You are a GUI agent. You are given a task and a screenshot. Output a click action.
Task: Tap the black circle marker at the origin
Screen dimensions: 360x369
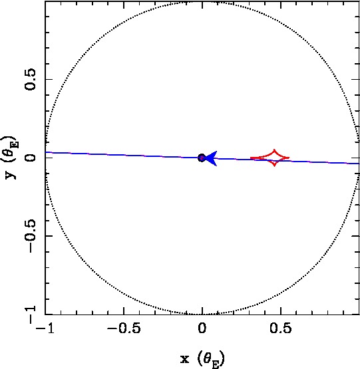click(x=202, y=158)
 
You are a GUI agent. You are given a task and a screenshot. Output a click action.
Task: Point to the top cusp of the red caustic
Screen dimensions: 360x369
click(x=274, y=150)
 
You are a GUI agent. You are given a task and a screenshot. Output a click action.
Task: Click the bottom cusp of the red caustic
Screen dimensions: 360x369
click(x=274, y=166)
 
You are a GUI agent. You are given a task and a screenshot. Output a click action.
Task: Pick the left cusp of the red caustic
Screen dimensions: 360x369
click(x=250, y=158)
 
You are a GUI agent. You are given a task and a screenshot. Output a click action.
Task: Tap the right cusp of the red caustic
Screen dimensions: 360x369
click(x=289, y=158)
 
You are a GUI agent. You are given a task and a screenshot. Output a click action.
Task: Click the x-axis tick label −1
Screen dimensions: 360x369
click(x=45, y=328)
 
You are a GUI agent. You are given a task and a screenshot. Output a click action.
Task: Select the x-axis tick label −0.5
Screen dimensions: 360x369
click(x=124, y=328)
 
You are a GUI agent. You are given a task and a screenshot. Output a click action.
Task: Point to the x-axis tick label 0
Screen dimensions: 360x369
click(x=202, y=328)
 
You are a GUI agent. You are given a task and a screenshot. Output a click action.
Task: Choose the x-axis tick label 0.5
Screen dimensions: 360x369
click(x=281, y=328)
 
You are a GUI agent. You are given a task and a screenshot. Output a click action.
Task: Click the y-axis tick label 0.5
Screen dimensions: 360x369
click(x=30, y=80)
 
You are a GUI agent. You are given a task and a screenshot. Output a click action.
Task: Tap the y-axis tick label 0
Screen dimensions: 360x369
click(x=30, y=158)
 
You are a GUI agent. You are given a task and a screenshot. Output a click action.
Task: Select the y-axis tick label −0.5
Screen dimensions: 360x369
click(x=30, y=236)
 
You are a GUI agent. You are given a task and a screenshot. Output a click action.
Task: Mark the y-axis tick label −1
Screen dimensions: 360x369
click(x=30, y=314)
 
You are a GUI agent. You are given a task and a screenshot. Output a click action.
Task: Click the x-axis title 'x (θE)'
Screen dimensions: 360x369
click(x=202, y=359)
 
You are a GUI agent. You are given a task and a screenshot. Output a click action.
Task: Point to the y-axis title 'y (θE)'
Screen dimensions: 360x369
click(x=11, y=158)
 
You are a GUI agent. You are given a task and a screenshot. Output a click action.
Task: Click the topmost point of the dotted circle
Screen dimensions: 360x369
click(x=202, y=1)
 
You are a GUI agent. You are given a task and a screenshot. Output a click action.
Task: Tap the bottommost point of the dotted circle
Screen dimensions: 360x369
click(x=202, y=314)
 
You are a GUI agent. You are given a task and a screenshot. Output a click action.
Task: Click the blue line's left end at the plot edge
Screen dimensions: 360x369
click(x=45, y=152)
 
